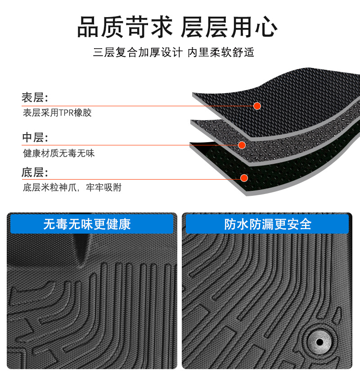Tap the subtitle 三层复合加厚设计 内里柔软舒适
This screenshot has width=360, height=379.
click(x=174, y=52)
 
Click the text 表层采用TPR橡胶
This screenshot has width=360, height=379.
click(x=57, y=113)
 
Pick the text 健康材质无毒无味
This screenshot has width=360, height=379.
click(x=59, y=153)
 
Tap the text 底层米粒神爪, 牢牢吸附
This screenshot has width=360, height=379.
click(x=72, y=187)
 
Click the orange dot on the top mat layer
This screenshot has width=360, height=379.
click(x=257, y=106)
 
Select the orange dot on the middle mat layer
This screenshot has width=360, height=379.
click(x=242, y=145)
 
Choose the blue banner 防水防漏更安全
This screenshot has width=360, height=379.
click(x=267, y=224)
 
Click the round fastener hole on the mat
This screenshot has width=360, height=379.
click(x=319, y=342)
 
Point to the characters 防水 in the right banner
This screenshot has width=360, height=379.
click(x=234, y=224)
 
